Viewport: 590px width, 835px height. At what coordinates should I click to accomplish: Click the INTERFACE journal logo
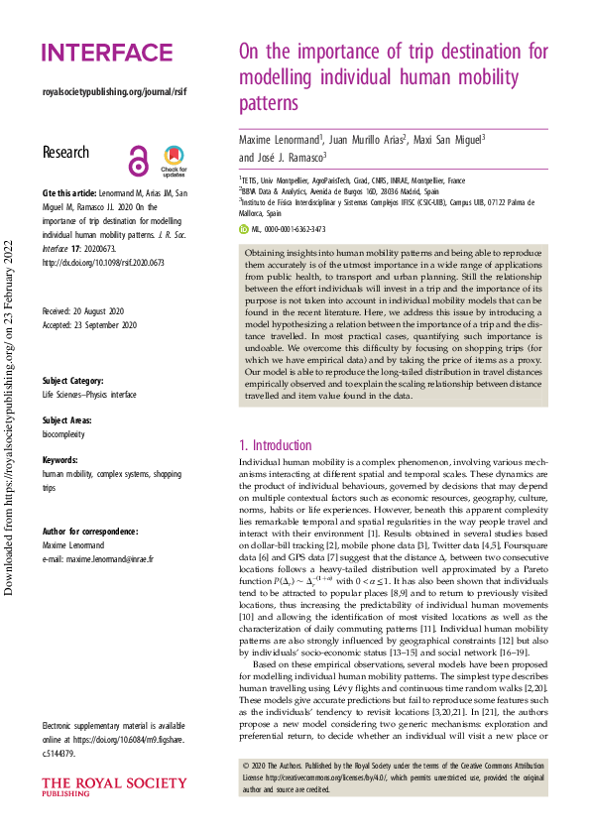tap(107, 53)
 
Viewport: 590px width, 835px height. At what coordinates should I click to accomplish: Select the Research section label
tap(65, 153)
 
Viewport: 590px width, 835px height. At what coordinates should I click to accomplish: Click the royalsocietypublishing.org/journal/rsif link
tap(114, 92)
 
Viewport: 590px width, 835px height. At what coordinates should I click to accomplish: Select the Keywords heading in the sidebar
tap(59, 460)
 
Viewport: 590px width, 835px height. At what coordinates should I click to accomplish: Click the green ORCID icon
tap(245, 228)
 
